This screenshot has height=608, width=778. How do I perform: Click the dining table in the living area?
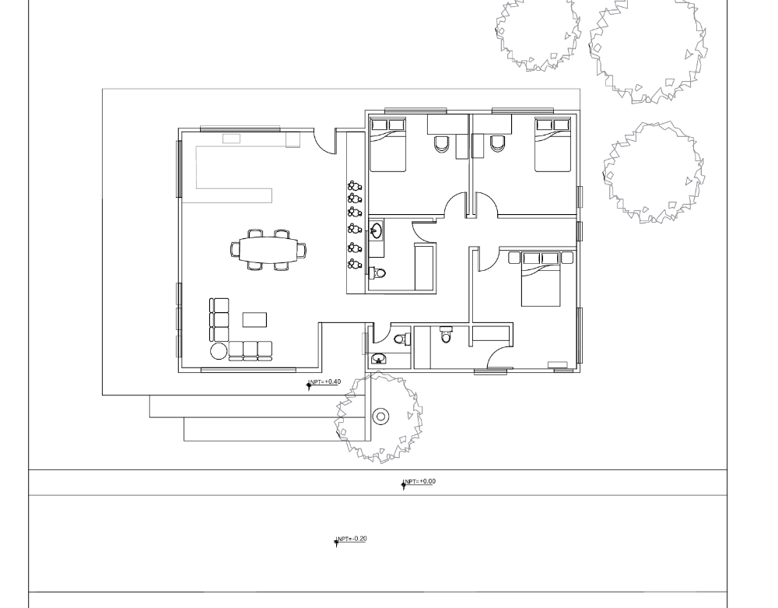pyautogui.click(x=268, y=249)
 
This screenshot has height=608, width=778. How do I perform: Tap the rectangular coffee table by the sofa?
pyautogui.click(x=254, y=320)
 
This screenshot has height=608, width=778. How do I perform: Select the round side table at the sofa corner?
pyautogui.click(x=219, y=351)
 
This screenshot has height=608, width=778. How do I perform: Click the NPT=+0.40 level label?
pyautogui.click(x=324, y=382)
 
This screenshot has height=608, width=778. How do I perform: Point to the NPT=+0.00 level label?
pyautogui.click(x=419, y=482)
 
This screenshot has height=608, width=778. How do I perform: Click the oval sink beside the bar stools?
pyautogui.click(x=377, y=230)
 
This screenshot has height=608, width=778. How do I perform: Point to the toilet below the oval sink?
pyautogui.click(x=379, y=273)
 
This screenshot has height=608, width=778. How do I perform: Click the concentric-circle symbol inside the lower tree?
pyautogui.click(x=380, y=416)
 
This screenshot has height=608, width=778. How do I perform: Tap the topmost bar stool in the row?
pyautogui.click(x=354, y=186)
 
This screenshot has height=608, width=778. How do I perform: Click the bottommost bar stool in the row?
pyautogui.click(x=354, y=264)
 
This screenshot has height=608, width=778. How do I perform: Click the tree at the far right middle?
pyautogui.click(x=653, y=171)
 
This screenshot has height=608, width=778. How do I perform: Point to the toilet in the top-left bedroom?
pyautogui.click(x=441, y=143)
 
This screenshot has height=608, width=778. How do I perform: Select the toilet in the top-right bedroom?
pyautogui.click(x=497, y=143)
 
